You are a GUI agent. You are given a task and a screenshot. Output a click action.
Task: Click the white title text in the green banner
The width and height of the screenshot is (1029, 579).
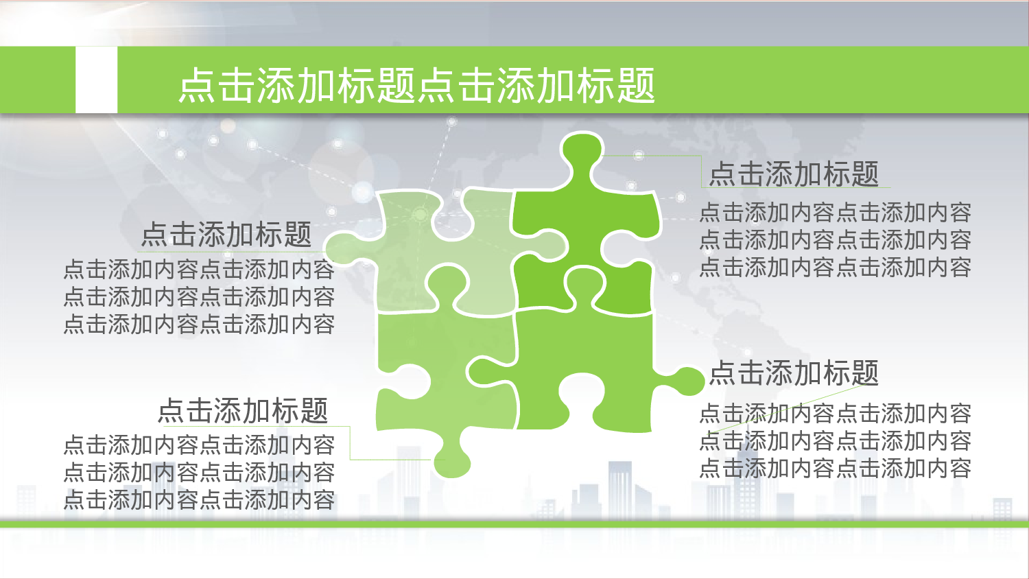[416, 86]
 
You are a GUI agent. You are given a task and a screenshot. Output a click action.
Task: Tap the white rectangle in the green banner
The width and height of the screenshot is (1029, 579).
[96, 80]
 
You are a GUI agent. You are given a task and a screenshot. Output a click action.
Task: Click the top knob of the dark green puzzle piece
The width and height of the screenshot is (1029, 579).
[582, 157]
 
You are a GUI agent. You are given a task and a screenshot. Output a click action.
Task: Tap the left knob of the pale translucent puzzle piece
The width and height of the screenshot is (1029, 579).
[343, 248]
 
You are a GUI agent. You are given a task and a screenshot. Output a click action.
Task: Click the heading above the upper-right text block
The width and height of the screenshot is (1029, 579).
[794, 174]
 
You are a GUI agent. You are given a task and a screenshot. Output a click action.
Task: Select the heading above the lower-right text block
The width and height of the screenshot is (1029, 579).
[794, 373]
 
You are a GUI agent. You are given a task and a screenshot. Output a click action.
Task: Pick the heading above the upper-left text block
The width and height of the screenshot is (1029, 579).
[226, 235]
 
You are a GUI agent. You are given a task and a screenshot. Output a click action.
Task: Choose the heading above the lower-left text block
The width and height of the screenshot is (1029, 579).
[243, 411]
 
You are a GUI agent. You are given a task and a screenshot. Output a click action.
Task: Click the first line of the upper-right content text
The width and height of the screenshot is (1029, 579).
[835, 213]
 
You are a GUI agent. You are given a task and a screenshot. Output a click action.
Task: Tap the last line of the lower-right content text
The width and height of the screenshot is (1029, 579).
[835, 469]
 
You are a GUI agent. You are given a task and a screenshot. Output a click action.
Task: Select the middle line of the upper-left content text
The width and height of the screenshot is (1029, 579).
[199, 297]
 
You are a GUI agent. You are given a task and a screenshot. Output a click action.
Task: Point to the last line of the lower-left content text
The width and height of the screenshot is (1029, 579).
[199, 499]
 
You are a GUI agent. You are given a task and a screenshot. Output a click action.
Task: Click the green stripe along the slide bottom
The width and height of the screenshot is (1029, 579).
[514, 524]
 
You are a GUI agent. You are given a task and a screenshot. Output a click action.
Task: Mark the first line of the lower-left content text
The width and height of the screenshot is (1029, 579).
[199, 445]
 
